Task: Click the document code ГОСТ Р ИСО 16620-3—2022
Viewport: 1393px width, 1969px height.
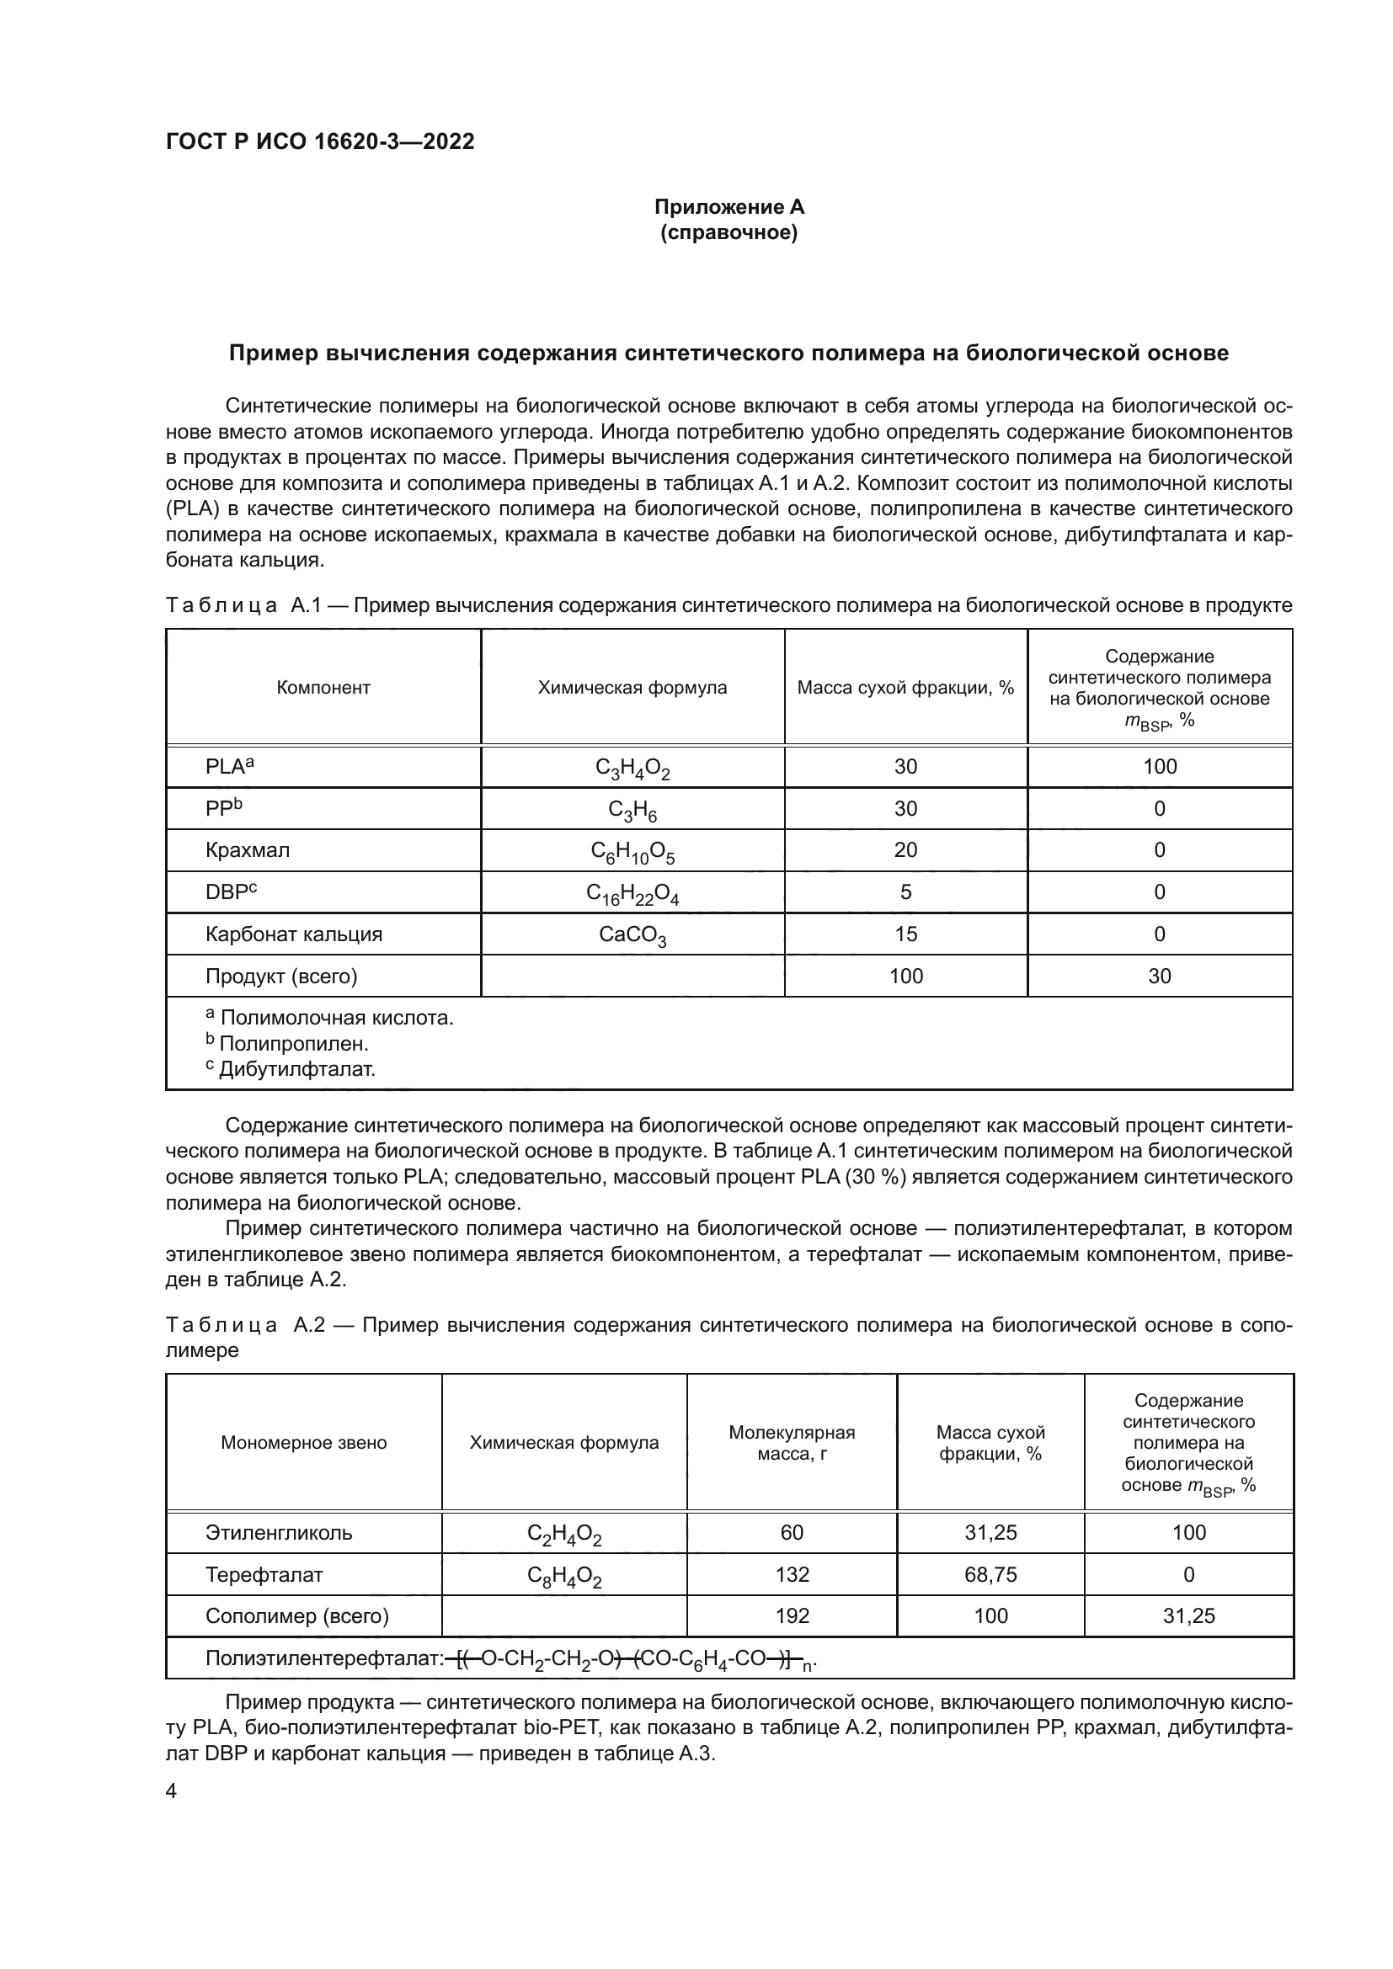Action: coord(320,142)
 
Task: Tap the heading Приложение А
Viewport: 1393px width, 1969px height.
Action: coord(729,207)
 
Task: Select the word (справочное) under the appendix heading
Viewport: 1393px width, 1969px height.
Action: coord(729,232)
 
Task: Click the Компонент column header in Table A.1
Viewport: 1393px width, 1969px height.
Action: coord(323,687)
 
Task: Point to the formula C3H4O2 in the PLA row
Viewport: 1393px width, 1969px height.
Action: coord(632,769)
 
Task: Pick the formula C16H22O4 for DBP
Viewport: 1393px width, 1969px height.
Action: coord(632,894)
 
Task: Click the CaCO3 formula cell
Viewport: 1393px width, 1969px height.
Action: coord(632,935)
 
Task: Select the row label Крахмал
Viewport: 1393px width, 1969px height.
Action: coord(248,850)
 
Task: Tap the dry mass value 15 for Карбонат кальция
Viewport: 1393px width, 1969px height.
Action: coord(906,934)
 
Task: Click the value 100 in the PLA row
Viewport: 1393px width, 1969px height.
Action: coord(1160,767)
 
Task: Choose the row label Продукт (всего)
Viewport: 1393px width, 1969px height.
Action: coord(281,976)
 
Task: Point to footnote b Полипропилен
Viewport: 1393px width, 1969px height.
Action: coord(287,1044)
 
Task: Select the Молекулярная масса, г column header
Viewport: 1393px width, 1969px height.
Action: coord(792,1443)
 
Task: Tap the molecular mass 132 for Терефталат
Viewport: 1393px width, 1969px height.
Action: coord(792,1574)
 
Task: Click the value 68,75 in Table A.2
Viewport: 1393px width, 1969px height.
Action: coord(990,1574)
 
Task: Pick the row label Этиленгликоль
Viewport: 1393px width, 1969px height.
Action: coord(279,1532)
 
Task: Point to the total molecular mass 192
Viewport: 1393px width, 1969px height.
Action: coord(792,1616)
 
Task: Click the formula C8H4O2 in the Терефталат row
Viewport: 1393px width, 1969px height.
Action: coord(563,1576)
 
